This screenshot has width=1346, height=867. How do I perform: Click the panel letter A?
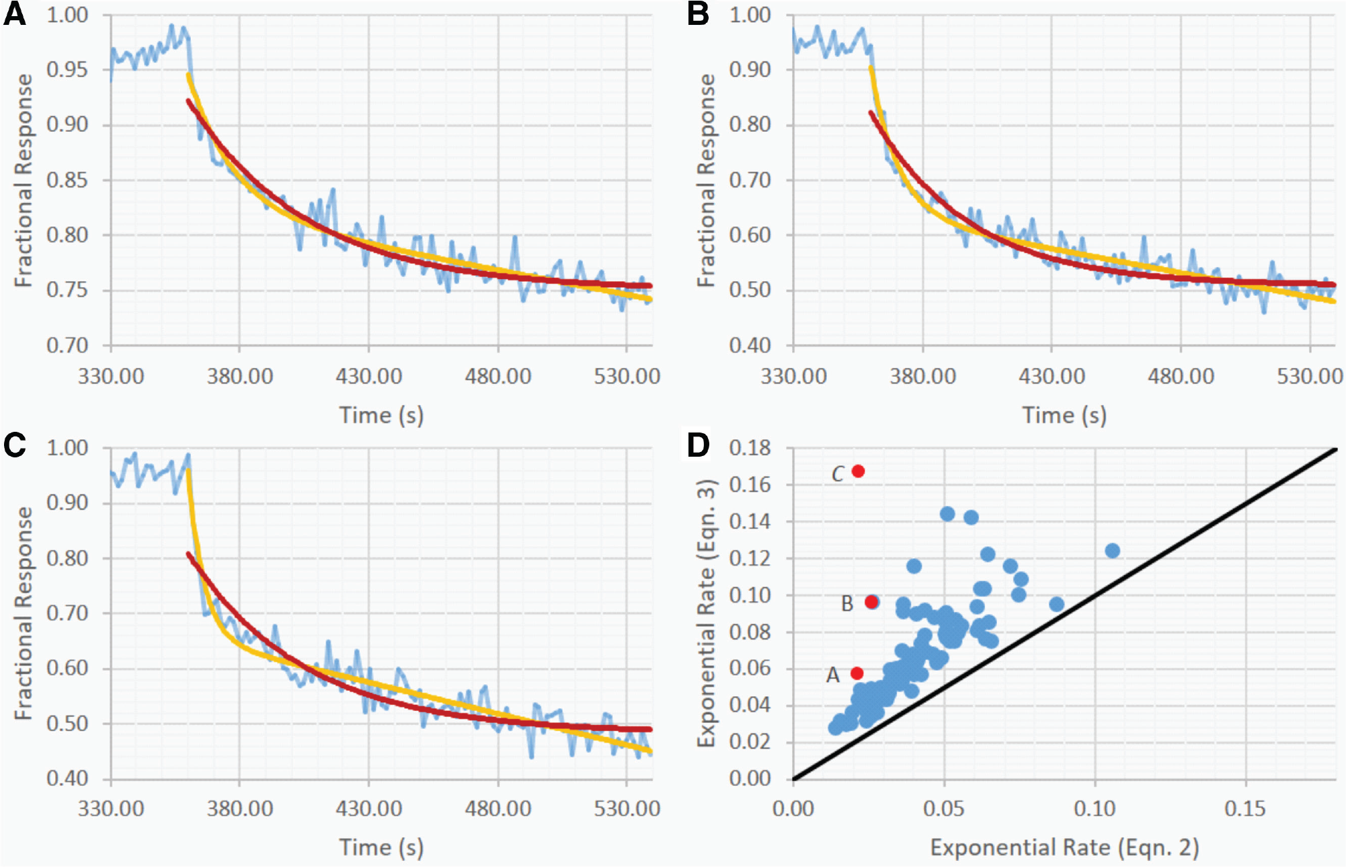pos(15,14)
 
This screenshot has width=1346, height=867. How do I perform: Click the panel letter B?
pos(698,14)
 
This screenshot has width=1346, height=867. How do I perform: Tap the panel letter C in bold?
pos(15,445)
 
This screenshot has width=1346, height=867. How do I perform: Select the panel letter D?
pos(698,445)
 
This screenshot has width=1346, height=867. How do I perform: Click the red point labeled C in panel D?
pos(858,472)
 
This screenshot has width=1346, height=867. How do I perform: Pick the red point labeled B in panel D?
pos(871,602)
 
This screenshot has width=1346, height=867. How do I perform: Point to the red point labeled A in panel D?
pos(857,673)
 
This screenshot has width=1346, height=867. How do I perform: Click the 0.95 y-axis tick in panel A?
pos(67,70)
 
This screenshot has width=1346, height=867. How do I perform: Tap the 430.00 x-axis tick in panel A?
pos(368,375)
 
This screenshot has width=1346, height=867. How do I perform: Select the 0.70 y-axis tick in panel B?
pos(750,180)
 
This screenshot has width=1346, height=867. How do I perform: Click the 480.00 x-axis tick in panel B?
pos(1181,375)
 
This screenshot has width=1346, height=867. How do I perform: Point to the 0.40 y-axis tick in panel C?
pos(67,779)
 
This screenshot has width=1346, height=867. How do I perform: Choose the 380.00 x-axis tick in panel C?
pos(239,808)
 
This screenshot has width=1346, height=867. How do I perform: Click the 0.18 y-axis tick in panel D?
pos(750,448)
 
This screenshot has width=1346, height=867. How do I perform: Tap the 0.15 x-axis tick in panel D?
pos(1245,808)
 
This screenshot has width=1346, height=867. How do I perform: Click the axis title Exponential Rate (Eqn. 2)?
pos(1064,847)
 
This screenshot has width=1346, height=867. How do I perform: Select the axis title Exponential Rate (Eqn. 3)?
pos(705,613)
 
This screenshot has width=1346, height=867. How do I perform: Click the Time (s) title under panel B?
pos(1064,415)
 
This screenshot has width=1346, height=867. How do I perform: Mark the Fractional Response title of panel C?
pos(24,613)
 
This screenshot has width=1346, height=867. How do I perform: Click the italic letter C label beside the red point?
pos(838,474)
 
